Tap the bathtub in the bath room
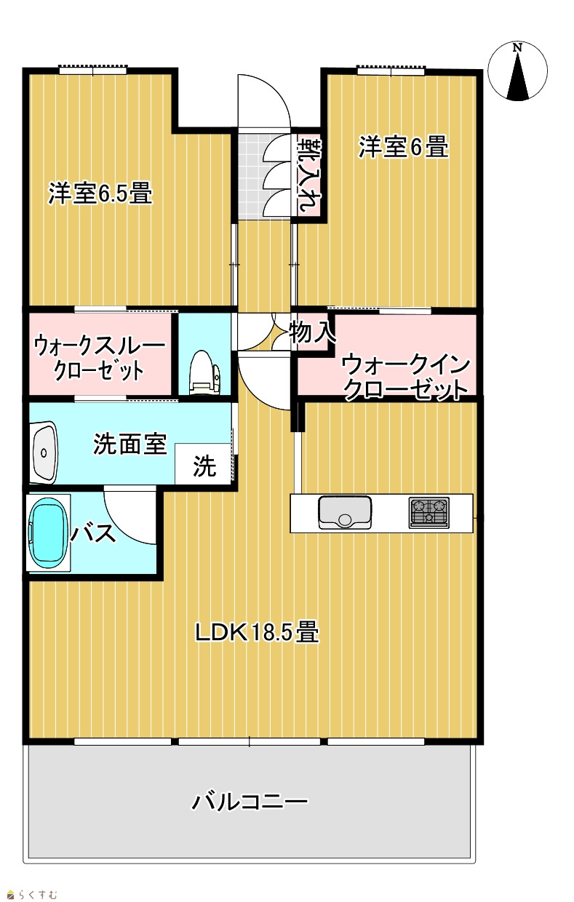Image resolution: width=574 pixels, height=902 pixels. pos(47,532)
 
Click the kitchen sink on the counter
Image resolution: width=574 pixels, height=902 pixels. pos(345,512)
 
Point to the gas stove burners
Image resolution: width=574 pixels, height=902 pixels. pos(429,512)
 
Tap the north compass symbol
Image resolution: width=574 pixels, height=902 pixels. pos(517,71)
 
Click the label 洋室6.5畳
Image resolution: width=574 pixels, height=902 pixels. pos(100,193)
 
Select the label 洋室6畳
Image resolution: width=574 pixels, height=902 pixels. pos(403,147)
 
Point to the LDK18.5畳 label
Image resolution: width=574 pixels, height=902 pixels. pos(257,632)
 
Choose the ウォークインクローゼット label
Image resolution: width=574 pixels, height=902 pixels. pos(406,377)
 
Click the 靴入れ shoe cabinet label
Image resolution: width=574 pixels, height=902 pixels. pos(309,175)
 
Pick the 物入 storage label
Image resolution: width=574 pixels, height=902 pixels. pos(313,332)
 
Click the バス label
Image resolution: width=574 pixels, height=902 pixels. pos(93,533)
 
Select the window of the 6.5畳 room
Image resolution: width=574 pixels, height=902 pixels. pos(93,70)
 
